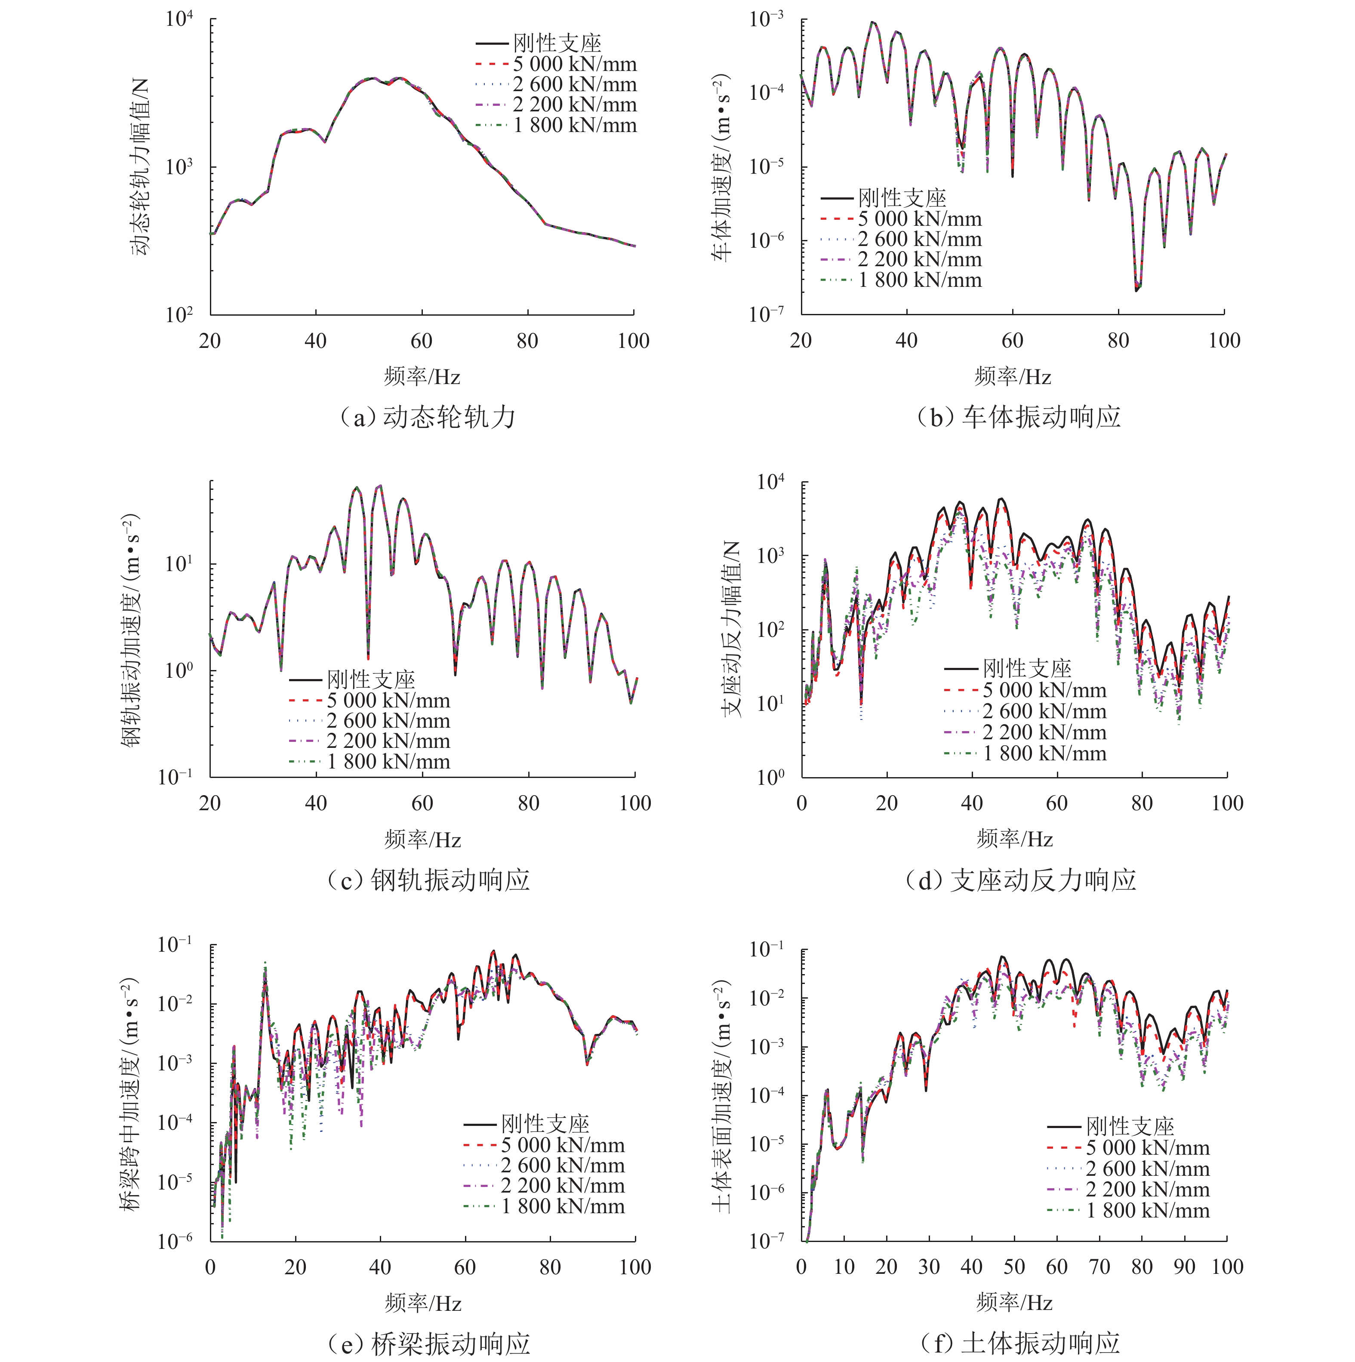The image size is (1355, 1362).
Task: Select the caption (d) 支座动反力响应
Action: (1020, 880)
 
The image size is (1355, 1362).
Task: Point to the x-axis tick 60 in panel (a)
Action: (422, 341)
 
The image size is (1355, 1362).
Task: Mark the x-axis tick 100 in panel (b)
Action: (1224, 341)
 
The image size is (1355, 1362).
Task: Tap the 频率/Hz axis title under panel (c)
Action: (422, 839)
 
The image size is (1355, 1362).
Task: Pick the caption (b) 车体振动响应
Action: (1019, 417)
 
